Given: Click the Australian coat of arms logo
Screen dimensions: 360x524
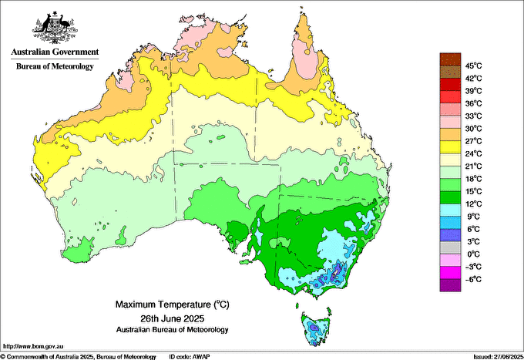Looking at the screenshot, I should (54, 27).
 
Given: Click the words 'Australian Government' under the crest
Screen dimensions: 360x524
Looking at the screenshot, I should (54, 52).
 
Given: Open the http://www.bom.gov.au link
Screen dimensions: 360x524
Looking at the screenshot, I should (32, 347).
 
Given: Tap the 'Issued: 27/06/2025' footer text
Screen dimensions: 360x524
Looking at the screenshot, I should (494, 356).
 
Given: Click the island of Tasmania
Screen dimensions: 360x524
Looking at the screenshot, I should (316, 328).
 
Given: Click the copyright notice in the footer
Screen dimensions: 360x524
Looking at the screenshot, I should (78, 356).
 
